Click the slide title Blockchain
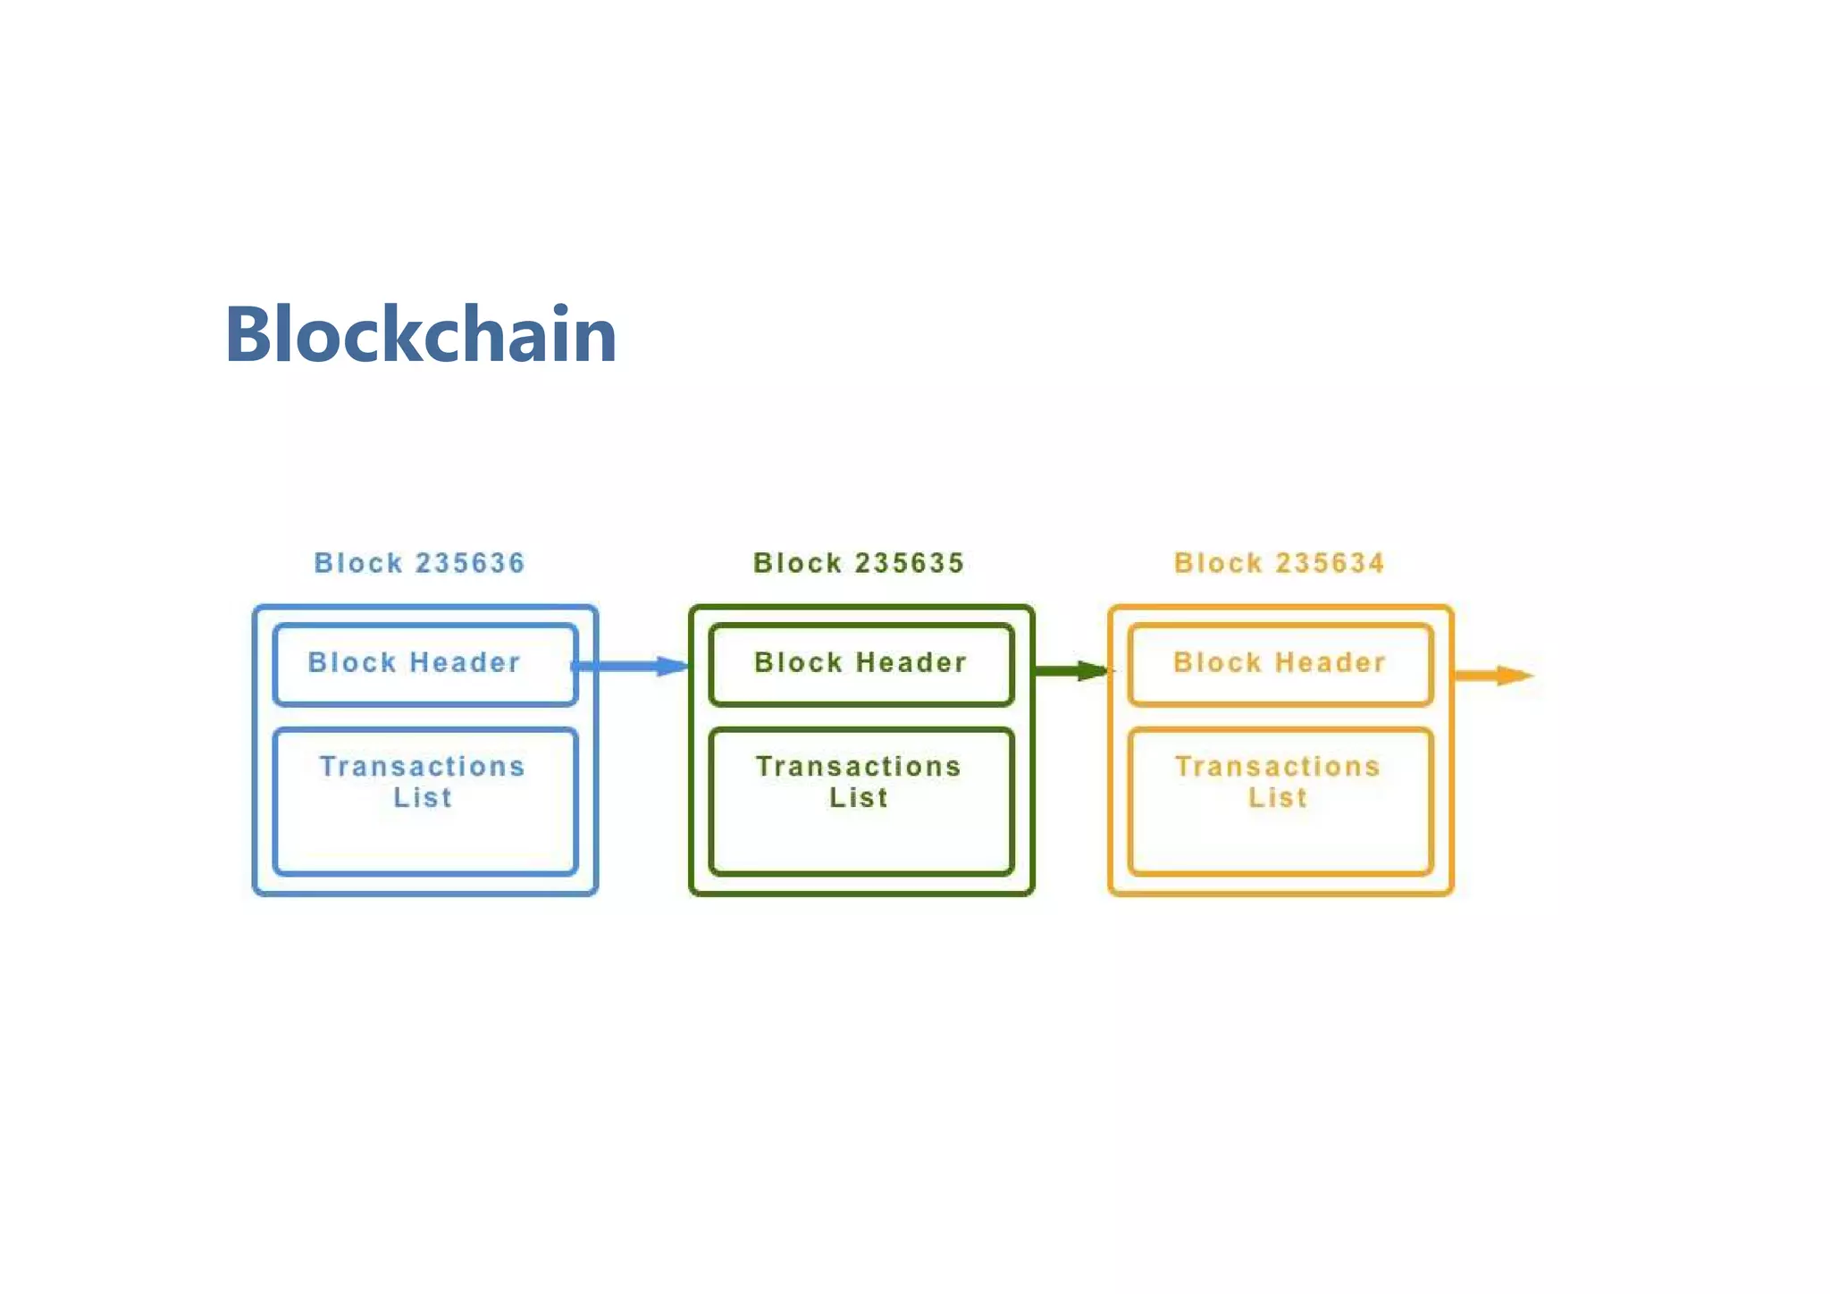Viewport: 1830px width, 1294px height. coord(420,334)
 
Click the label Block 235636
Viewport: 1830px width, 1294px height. coord(419,563)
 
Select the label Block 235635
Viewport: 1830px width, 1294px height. coord(859,563)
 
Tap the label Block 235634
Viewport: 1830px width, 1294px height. coord(1279,563)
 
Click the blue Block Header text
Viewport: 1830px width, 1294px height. coord(414,662)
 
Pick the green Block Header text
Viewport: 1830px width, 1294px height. coord(860,662)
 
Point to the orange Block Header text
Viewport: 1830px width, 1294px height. coord(1279,662)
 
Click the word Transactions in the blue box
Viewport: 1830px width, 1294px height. coord(422,766)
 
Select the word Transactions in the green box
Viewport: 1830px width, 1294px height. coord(858,766)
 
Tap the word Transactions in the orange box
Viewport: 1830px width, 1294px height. coord(1277,766)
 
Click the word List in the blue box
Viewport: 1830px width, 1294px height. coord(423,797)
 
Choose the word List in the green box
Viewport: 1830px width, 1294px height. coord(858,797)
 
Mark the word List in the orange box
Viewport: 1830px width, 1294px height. coord(1277,797)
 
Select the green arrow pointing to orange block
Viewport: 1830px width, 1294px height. coord(1071,670)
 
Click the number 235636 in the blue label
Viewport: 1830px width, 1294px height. coord(470,563)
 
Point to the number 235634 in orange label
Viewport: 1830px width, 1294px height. coord(1330,563)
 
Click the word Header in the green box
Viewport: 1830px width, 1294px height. coord(911,662)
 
